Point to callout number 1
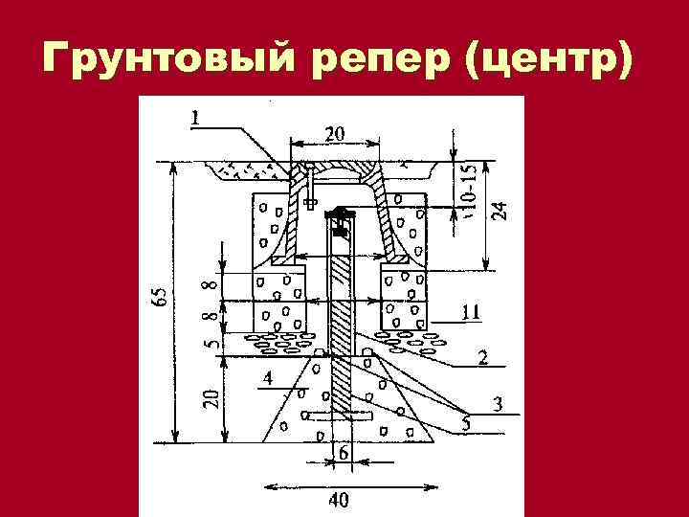194,118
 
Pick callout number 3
498,404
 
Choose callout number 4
267,379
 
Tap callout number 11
470,311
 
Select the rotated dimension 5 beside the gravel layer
212,340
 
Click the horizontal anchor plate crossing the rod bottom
340,416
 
